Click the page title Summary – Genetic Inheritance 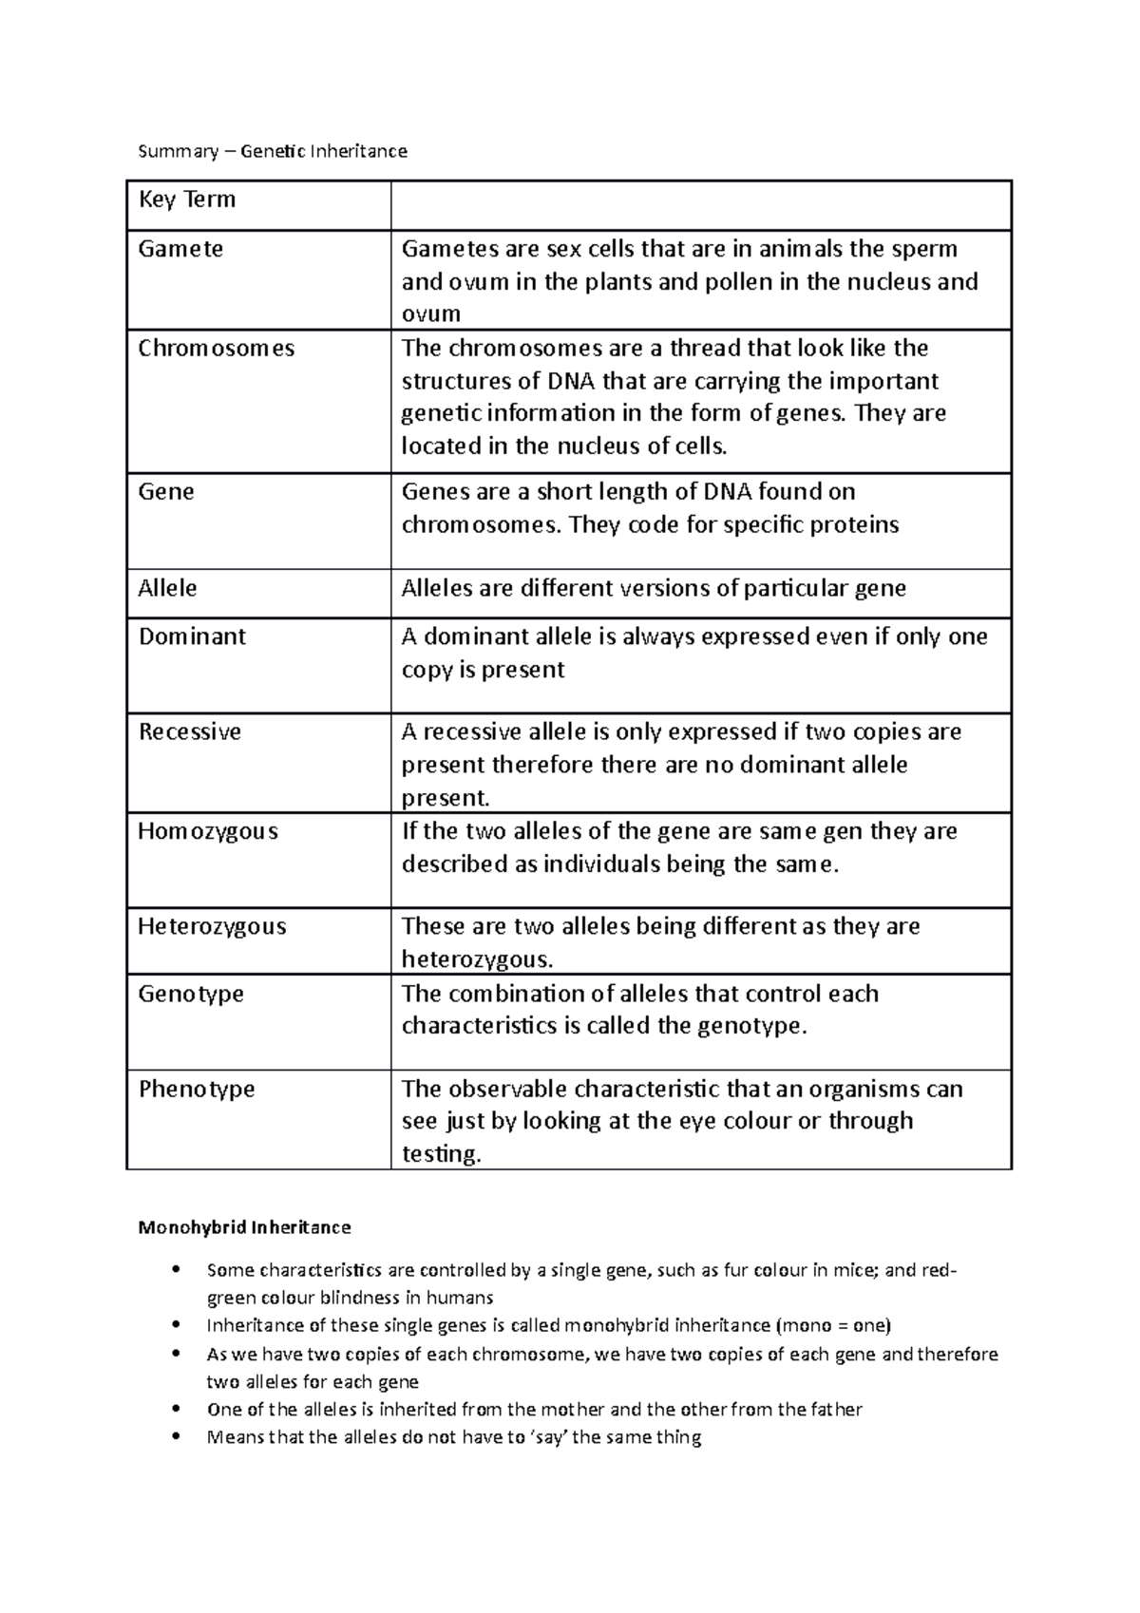(x=273, y=151)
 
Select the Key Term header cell (x=187, y=199)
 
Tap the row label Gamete (x=180, y=249)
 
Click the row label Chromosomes (x=217, y=348)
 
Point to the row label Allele (x=167, y=588)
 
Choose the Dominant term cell (x=192, y=636)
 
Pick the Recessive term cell (x=190, y=731)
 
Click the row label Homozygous (x=208, y=831)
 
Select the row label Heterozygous (x=212, y=926)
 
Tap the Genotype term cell (x=191, y=994)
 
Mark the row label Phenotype (x=197, y=1089)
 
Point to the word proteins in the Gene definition (x=859, y=525)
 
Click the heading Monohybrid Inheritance (x=244, y=1227)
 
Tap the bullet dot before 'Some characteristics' (x=173, y=1270)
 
